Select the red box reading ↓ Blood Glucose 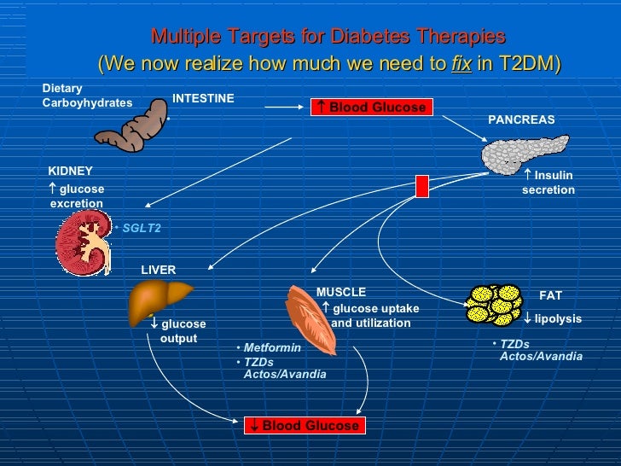tap(303, 425)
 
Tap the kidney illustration tap(83, 242)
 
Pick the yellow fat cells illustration tap(494, 304)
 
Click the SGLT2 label tap(141, 228)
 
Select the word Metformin tap(272, 347)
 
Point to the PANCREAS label tap(521, 120)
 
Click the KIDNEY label tap(70, 172)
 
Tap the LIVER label tap(158, 270)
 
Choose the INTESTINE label tap(203, 99)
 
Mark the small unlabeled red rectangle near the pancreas tap(422, 185)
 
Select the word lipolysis tap(558, 318)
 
